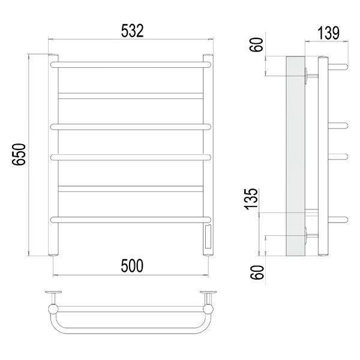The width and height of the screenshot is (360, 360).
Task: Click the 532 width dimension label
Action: [132, 31]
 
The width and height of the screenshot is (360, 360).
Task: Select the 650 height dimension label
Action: [19, 154]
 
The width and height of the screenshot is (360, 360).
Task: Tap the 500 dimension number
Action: [132, 266]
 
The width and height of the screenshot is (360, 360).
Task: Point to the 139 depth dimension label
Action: [328, 33]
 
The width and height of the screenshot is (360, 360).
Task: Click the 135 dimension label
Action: [251, 199]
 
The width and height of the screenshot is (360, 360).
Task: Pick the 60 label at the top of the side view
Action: [256, 45]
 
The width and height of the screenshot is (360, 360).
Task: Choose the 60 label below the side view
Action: [257, 272]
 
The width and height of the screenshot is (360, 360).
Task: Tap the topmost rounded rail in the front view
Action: [130, 65]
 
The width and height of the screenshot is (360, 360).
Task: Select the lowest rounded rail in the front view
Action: [130, 220]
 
